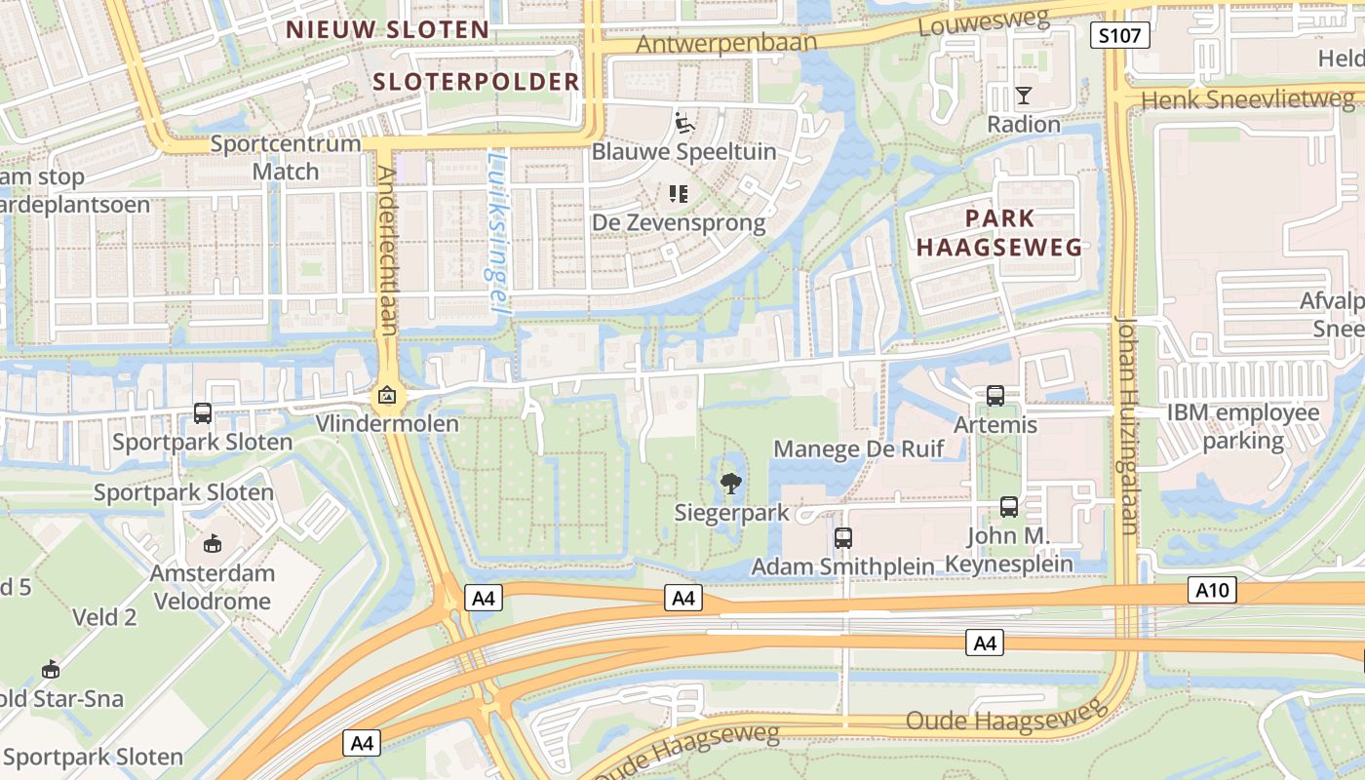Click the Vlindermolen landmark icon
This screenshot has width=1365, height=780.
click(x=387, y=396)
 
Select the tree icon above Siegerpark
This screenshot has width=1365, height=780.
click(x=729, y=484)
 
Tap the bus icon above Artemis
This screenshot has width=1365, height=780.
click(x=994, y=396)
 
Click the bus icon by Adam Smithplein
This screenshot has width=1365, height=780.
click(x=842, y=537)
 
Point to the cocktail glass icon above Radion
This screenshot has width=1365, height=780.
click(x=1023, y=96)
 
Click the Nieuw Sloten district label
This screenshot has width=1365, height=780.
click(x=387, y=29)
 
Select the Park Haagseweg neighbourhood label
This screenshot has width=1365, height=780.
click(x=999, y=232)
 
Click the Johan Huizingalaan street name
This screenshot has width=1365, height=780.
click(x=1127, y=424)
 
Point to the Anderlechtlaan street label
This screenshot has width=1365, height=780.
click(x=386, y=251)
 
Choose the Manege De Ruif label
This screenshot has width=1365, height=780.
click(x=858, y=448)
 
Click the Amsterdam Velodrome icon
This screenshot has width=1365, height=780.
click(x=213, y=543)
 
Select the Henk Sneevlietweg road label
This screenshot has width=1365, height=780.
click(x=1247, y=99)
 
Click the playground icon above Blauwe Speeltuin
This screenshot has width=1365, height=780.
click(x=684, y=124)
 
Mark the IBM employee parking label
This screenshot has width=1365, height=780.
click(x=1243, y=426)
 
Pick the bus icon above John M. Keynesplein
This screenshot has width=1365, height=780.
click(x=1009, y=507)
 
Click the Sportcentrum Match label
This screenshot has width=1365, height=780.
click(x=286, y=157)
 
